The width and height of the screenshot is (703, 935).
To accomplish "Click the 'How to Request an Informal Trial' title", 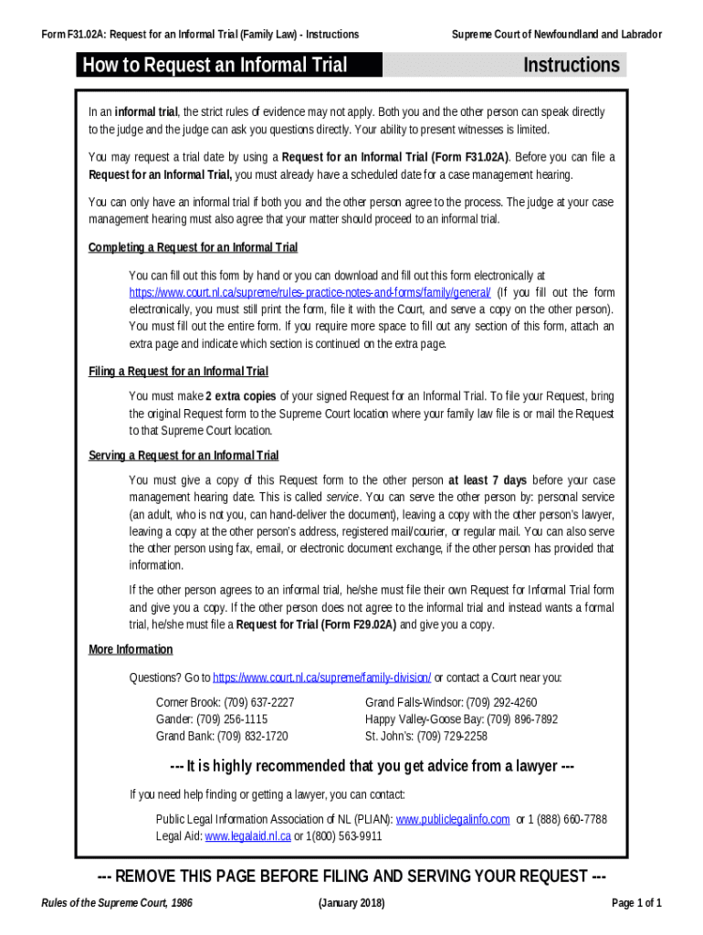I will pos(215,65).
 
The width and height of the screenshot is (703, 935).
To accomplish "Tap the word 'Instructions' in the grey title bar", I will pos(572,65).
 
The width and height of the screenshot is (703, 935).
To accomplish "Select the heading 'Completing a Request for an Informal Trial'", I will pos(193,247).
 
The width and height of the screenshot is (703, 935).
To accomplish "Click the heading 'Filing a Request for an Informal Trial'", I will pos(178,372).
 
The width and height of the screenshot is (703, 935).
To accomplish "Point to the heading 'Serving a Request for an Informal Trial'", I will pos(184,456).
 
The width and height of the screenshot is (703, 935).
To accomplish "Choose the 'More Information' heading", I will pos(131,649).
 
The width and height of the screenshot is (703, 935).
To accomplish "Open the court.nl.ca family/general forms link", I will pos(310,292).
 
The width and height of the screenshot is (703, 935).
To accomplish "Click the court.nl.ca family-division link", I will pos(321,678).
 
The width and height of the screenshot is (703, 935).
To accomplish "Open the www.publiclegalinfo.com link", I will pos(452,819).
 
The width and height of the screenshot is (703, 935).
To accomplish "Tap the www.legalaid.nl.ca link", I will pos(247,835).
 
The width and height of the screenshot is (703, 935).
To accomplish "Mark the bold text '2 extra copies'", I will pos(241,396).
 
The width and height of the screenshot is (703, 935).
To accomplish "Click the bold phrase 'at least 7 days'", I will pos(487,480).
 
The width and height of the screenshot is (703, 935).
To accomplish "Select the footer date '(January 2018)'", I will pos(351,903).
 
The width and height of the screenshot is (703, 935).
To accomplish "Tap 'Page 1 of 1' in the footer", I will pos(636,903).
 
